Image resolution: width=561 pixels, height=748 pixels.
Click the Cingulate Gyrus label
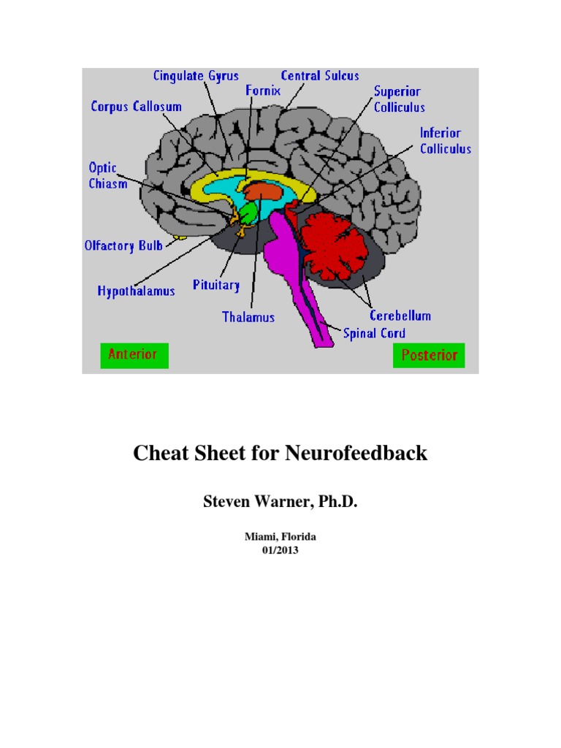pyautogui.click(x=195, y=75)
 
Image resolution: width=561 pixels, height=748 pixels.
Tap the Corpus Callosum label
pyautogui.click(x=136, y=107)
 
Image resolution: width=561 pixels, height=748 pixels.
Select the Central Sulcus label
pyautogui.click(x=320, y=75)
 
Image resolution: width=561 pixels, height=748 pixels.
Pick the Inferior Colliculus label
pyautogui.click(x=445, y=141)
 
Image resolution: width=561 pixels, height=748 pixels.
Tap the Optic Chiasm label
pyautogui.click(x=103, y=175)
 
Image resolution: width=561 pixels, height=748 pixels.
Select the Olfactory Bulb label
pyautogui.click(x=123, y=245)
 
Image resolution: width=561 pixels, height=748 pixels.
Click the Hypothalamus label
pyautogui.click(x=137, y=291)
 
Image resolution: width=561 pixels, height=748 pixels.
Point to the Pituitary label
pyautogui.click(x=216, y=284)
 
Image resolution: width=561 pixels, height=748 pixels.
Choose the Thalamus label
pyautogui.click(x=248, y=317)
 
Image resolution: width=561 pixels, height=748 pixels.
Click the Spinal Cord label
pyautogui.click(x=374, y=333)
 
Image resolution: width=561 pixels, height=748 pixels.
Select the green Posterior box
pyautogui.click(x=429, y=355)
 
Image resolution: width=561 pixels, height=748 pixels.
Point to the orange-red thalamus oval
pyautogui.click(x=262, y=191)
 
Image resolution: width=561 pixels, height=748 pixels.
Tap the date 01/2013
pyautogui.click(x=280, y=551)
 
